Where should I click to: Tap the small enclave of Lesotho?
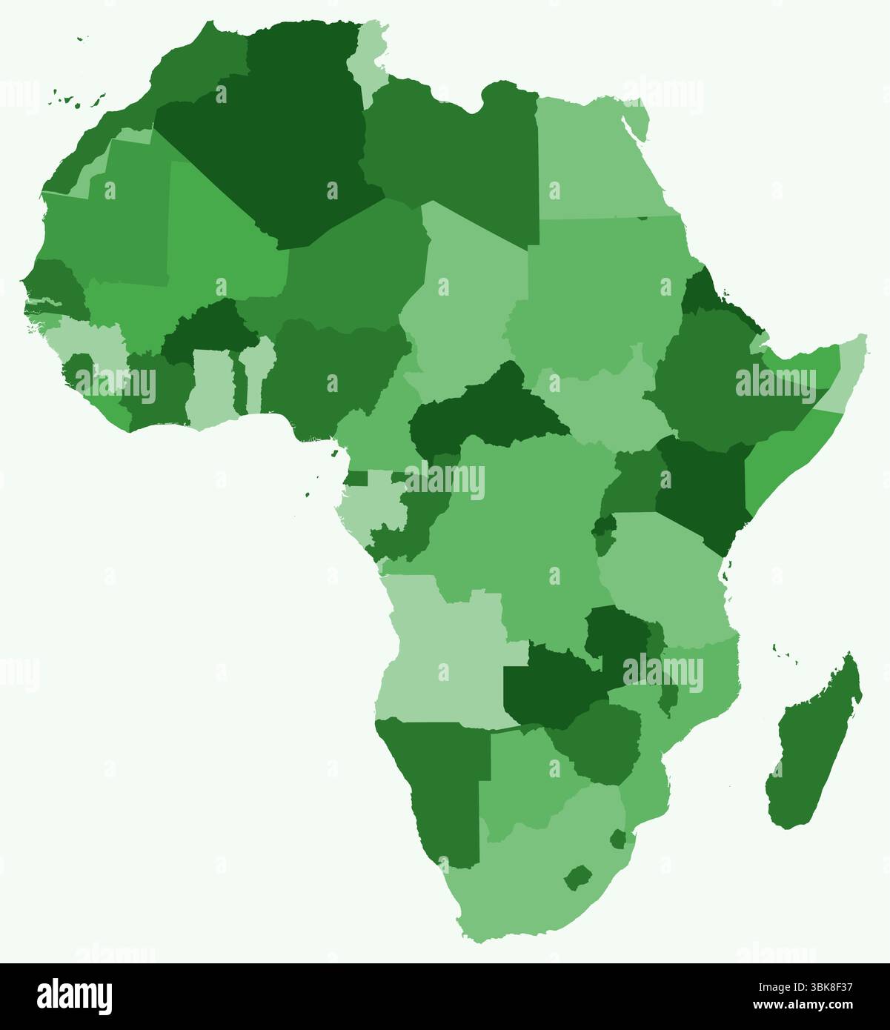pos(577,878)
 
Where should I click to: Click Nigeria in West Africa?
pos(333,371)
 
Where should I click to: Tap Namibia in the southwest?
pos(445,785)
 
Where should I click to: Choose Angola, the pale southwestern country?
pos(445,652)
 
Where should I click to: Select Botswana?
pos(522,778)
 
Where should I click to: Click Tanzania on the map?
pos(660,571)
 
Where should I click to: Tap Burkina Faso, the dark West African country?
pos(211,333)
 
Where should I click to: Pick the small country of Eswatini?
pos(618,839)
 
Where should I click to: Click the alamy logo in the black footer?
pos(75,997)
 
